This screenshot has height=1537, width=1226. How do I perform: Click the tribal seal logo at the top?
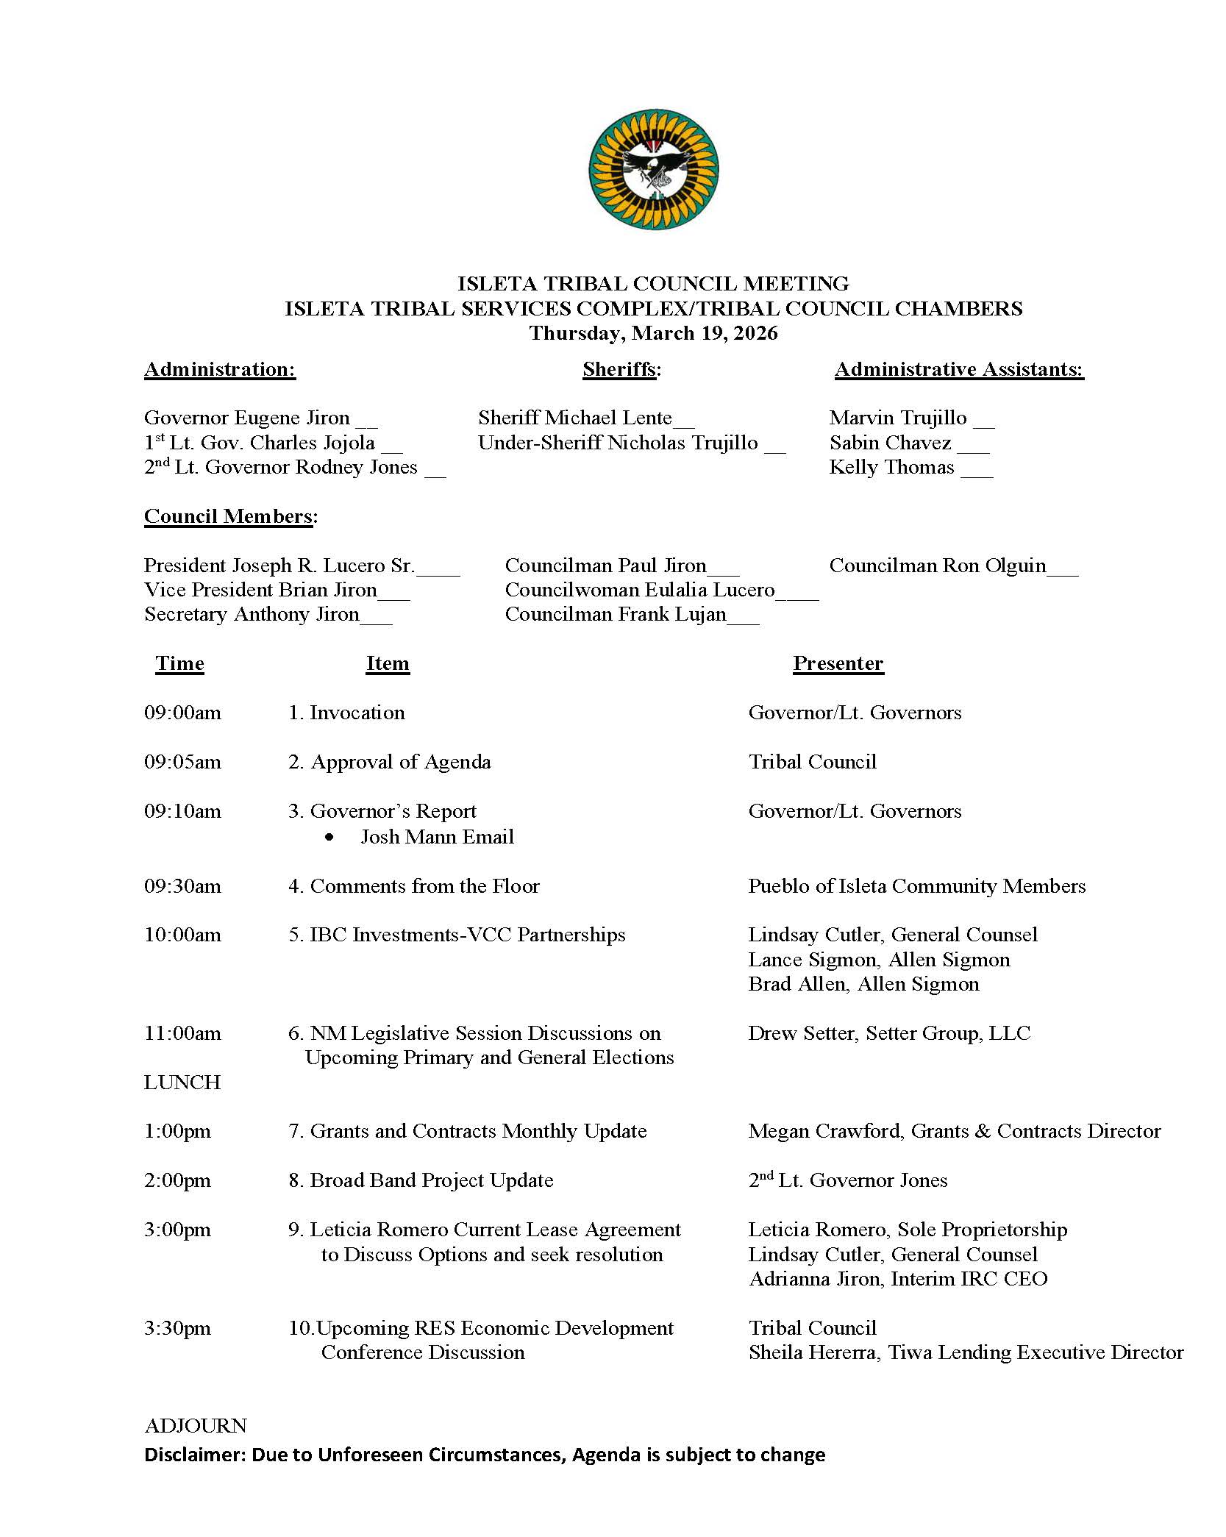point(653,170)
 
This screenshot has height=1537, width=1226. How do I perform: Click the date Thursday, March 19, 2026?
point(653,333)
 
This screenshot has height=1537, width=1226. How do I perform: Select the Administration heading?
point(220,369)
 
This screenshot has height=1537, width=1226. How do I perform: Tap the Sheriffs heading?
point(621,369)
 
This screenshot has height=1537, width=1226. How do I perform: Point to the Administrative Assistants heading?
point(959,369)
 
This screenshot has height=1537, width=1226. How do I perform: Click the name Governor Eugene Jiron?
point(247,418)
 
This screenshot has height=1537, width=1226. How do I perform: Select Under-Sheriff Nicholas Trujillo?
point(618,443)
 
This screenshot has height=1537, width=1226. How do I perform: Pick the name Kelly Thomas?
point(891,467)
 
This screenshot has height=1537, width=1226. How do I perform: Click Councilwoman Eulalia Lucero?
point(640,590)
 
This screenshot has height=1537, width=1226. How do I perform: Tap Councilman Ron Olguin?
point(937,566)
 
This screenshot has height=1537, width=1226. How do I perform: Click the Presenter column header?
point(838,663)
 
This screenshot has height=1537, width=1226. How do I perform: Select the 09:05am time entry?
point(182,762)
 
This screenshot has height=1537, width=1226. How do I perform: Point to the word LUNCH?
point(182,1083)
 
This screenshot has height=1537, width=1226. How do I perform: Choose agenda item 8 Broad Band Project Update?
point(421,1180)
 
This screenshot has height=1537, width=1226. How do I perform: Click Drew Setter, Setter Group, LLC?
point(889,1033)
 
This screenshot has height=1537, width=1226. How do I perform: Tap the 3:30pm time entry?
point(177,1328)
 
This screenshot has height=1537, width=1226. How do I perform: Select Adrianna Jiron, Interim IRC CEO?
point(898,1279)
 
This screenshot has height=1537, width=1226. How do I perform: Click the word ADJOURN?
point(196,1426)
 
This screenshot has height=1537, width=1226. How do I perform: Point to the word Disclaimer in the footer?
point(193,1455)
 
